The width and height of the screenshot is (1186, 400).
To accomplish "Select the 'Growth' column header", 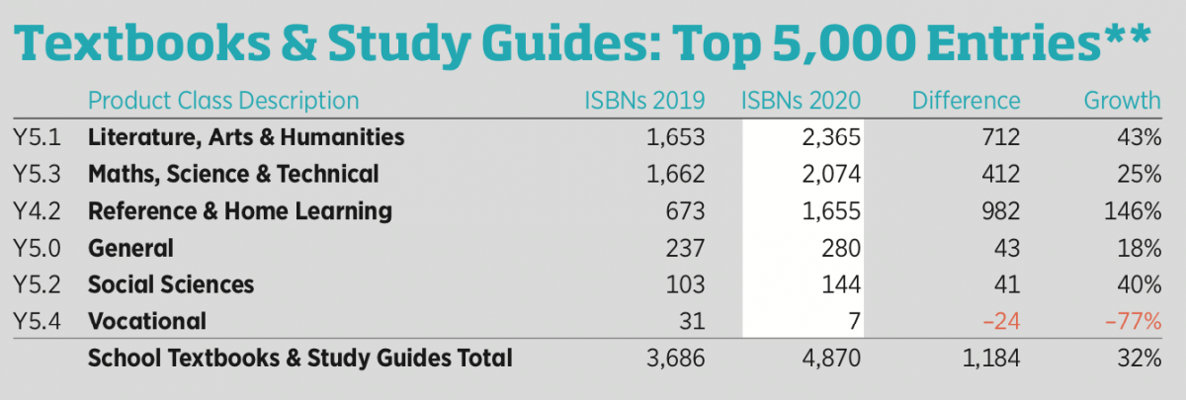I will point(1122,100).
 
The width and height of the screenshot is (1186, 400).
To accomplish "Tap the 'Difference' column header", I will point(966,100).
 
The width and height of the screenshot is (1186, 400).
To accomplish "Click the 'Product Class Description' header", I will point(223,100).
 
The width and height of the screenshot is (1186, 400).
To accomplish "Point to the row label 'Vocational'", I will point(146,321).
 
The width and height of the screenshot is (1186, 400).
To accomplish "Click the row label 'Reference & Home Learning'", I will point(240,210).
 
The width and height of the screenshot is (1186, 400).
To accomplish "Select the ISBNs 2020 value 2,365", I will point(832,137).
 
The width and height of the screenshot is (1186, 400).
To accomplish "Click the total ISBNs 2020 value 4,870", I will point(832,359).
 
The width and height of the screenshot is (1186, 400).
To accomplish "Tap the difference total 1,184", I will point(990,359).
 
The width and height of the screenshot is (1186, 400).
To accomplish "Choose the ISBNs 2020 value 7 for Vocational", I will point(855,321).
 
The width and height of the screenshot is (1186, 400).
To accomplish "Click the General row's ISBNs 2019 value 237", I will point(683,248).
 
